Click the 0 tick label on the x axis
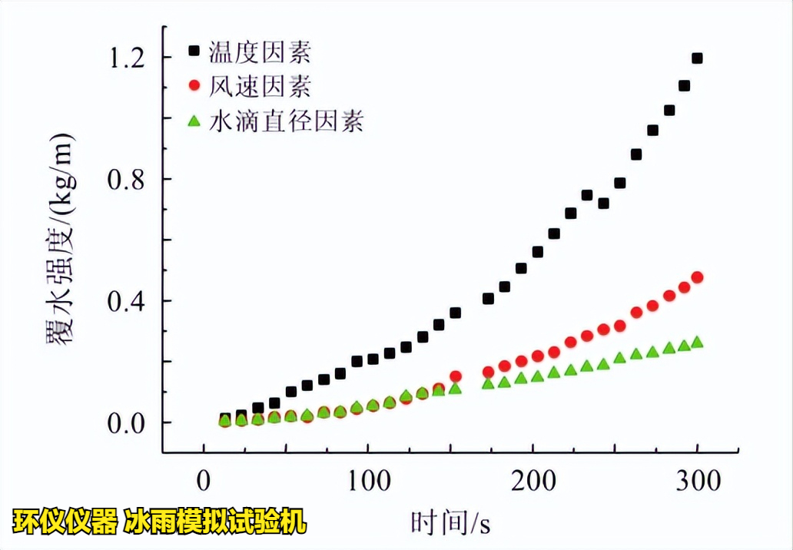(x=203, y=482)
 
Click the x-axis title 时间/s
(x=450, y=523)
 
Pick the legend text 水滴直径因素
(x=287, y=121)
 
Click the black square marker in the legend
(x=194, y=51)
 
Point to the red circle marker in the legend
(x=194, y=85)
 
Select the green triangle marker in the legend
(x=194, y=120)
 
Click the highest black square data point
(x=698, y=58)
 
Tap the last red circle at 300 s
(x=698, y=277)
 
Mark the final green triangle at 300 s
(x=698, y=343)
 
